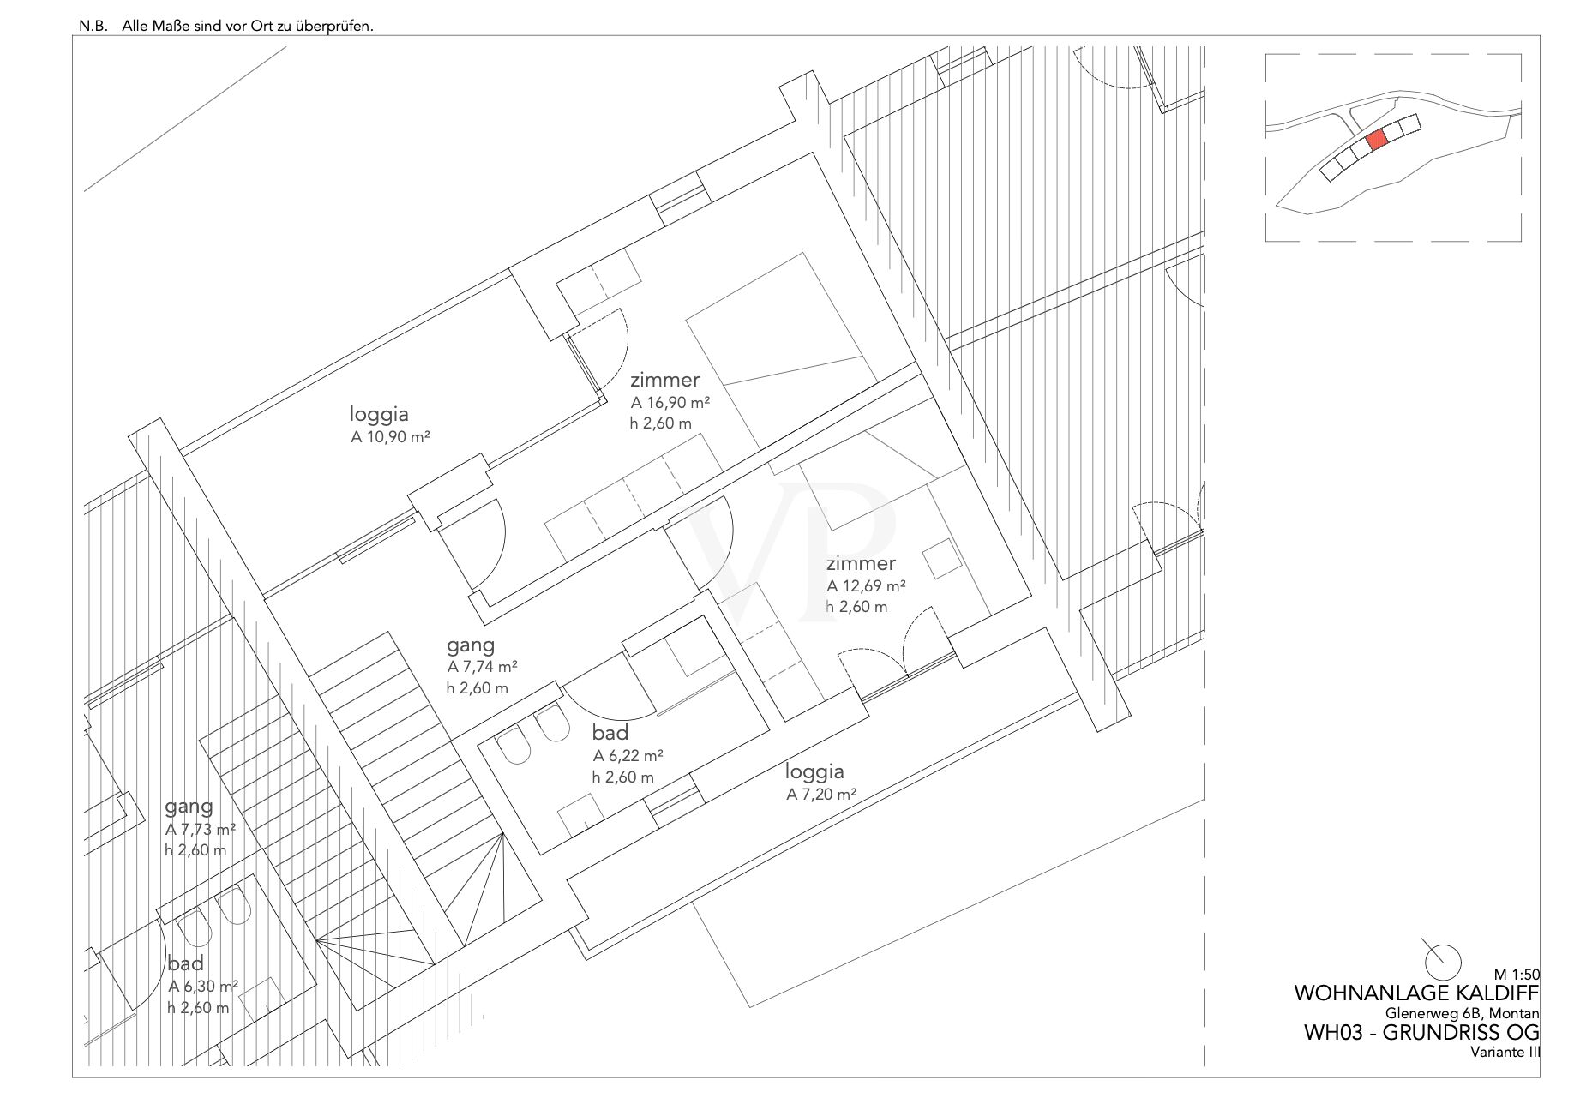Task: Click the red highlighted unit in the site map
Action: point(1376,140)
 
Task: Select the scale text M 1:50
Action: point(1517,974)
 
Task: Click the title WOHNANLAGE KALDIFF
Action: point(1416,993)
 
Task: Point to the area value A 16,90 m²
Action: point(670,401)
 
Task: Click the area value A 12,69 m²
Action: point(866,586)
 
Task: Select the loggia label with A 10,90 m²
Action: point(379,414)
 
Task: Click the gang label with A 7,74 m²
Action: point(471,645)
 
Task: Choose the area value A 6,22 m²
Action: point(628,756)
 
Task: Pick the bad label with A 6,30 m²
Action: point(186,963)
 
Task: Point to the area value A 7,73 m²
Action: point(201,830)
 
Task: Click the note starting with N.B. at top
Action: point(227,26)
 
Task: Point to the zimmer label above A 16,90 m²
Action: point(665,380)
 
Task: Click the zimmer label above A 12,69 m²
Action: point(861,564)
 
